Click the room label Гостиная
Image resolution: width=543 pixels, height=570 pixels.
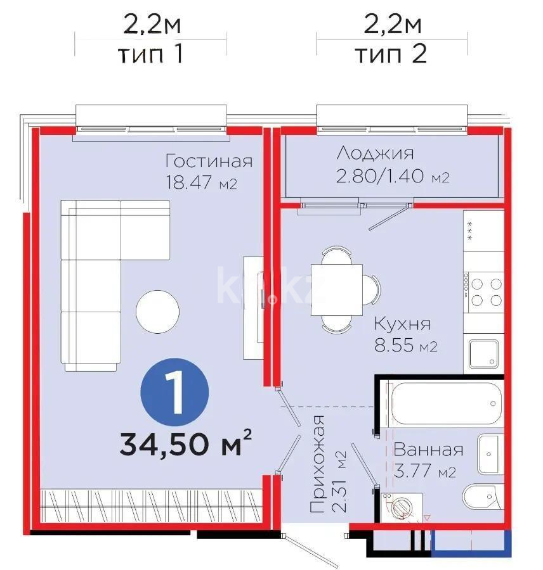tap(208, 161)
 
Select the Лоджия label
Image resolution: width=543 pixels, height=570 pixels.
tap(376, 153)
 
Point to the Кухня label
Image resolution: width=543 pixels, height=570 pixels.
tap(402, 324)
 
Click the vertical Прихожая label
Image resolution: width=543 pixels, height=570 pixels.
tap(318, 464)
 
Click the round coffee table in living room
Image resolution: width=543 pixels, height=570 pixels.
tap(158, 312)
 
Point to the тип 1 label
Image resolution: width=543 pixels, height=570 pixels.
tap(151, 54)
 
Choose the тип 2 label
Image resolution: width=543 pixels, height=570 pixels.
tap(391, 54)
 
